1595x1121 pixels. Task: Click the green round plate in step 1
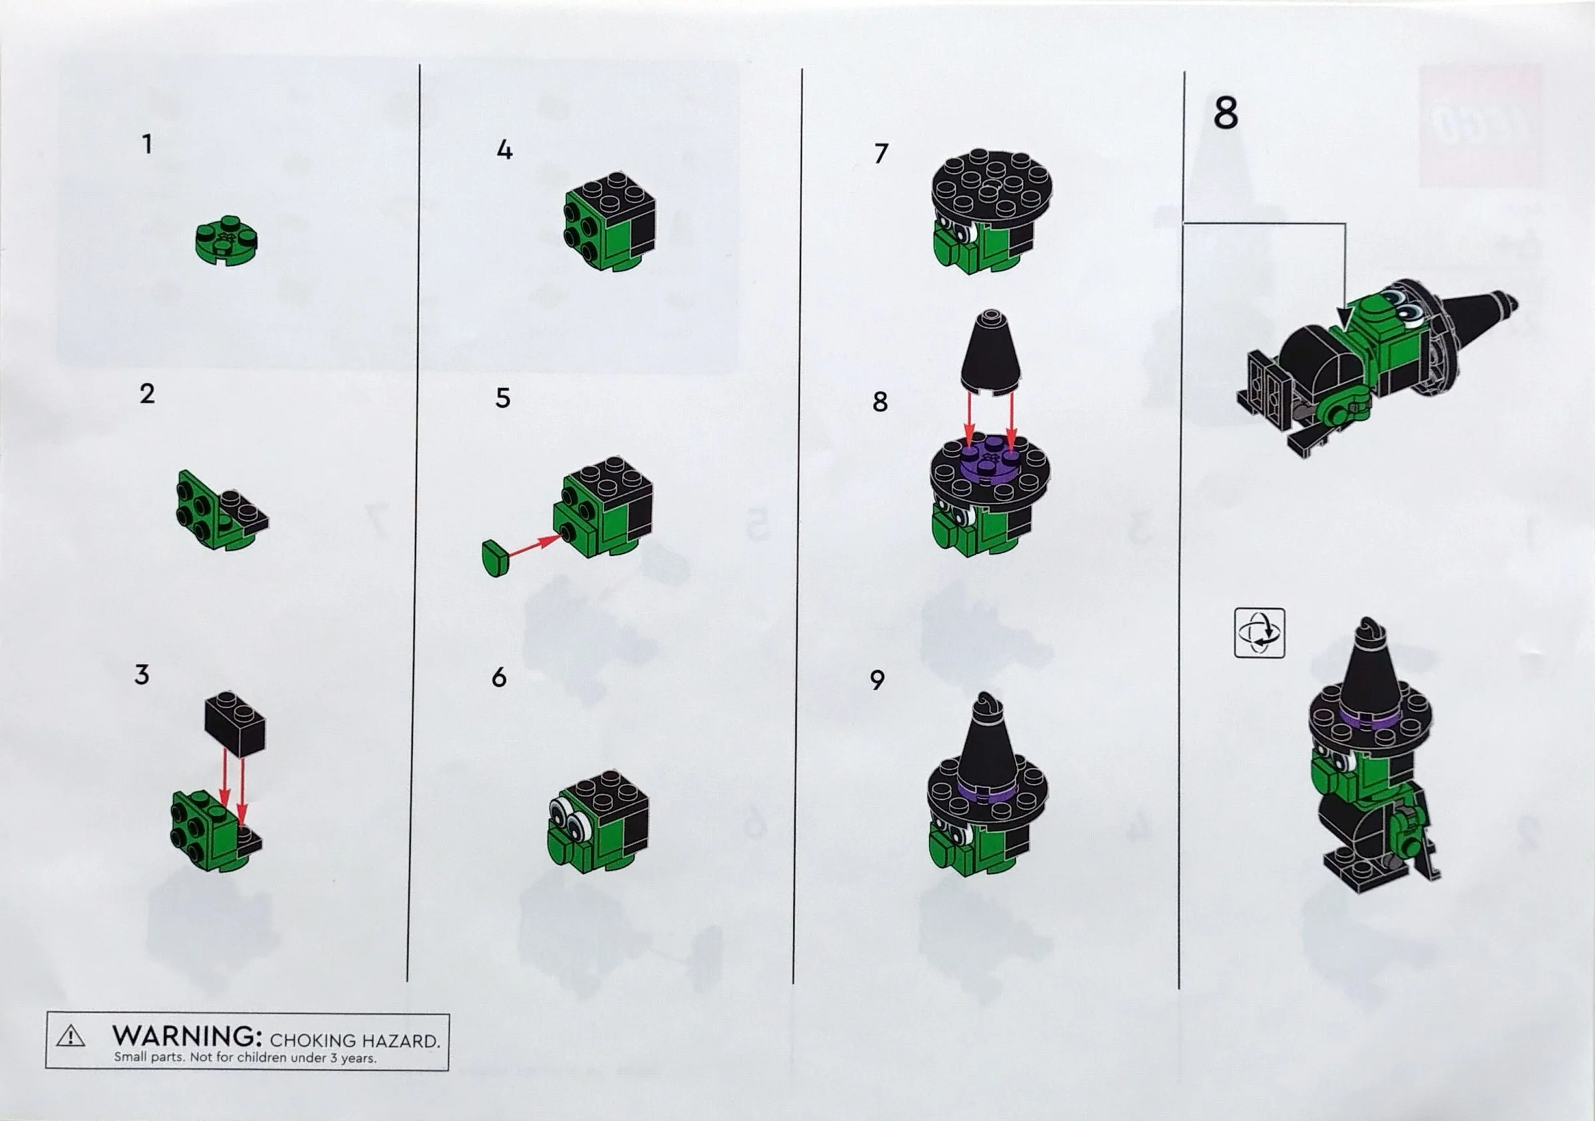pyautogui.click(x=227, y=241)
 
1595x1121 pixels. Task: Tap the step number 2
pyautogui.click(x=147, y=394)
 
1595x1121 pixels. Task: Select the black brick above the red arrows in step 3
pyautogui.click(x=235, y=723)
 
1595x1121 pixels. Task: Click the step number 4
pyautogui.click(x=504, y=150)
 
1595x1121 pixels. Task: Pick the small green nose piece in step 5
pyautogui.click(x=494, y=557)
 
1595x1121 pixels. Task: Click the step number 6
pyautogui.click(x=499, y=678)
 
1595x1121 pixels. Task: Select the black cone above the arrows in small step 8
pyautogui.click(x=991, y=352)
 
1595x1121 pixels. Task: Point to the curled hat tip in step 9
pyautogui.click(x=986, y=705)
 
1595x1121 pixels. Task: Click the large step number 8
pyautogui.click(x=1225, y=112)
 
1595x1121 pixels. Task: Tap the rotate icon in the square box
pyautogui.click(x=1259, y=632)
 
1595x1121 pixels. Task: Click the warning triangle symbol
pyautogui.click(x=71, y=1037)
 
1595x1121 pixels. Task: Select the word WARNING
pyautogui.click(x=187, y=1035)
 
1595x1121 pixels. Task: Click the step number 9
pyautogui.click(x=877, y=680)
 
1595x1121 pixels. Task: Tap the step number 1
pyautogui.click(x=147, y=144)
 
